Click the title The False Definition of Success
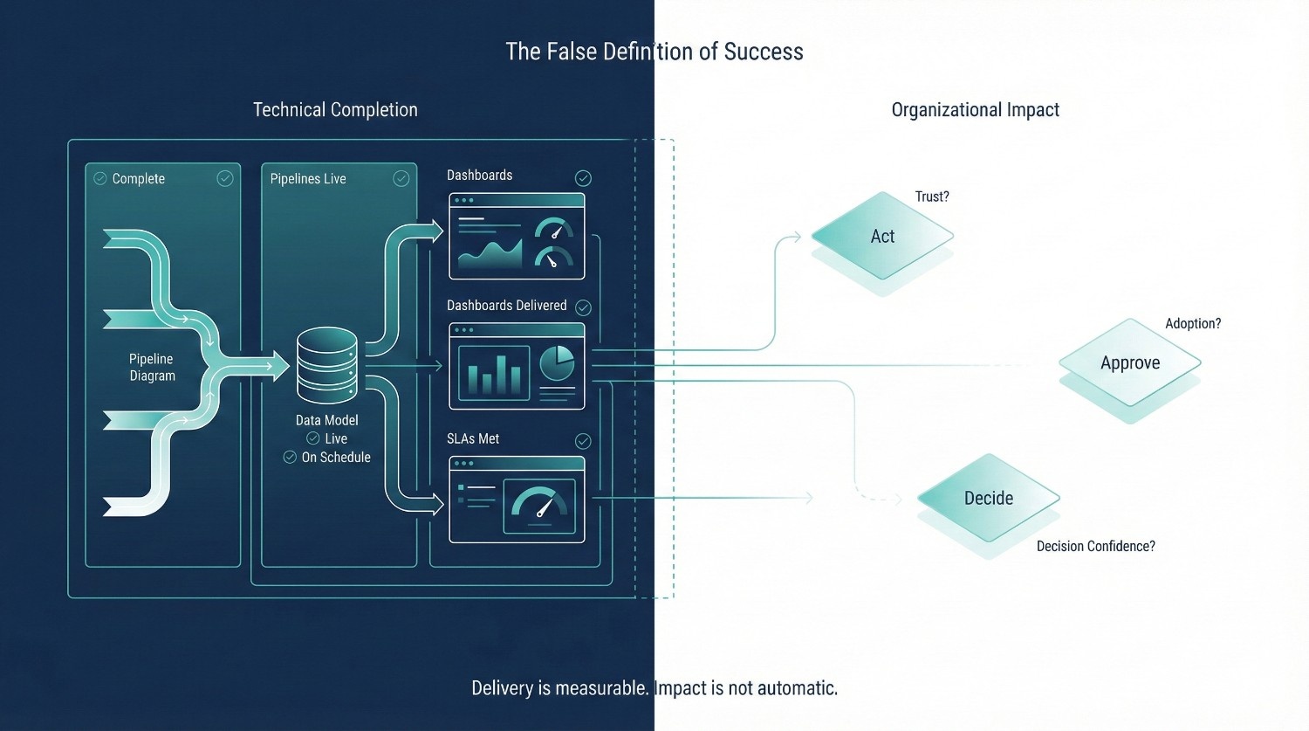(x=654, y=52)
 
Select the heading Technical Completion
(x=335, y=110)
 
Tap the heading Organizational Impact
(x=975, y=110)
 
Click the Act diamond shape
(x=882, y=236)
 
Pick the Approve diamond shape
(x=1130, y=362)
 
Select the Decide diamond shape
(x=989, y=498)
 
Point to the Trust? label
(x=931, y=197)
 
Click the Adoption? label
(x=1193, y=323)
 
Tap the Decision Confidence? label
(x=1095, y=546)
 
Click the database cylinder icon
(x=327, y=365)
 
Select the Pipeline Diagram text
(x=152, y=367)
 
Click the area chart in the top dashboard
(x=490, y=252)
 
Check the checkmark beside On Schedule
(x=290, y=457)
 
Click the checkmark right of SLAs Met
(x=583, y=441)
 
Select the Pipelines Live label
(x=308, y=179)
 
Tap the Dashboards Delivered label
(x=506, y=306)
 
